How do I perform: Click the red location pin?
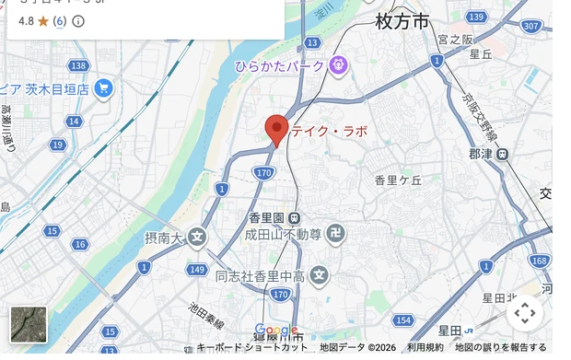pos(276,130)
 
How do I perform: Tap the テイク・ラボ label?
pos(329,131)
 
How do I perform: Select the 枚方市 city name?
pos(402,22)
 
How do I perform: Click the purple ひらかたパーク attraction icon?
pos(339,64)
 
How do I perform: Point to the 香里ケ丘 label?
pos(398,180)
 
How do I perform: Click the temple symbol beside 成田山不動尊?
pos(336,234)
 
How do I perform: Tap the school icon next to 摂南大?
pos(197,238)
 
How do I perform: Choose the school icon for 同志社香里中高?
pos(320,274)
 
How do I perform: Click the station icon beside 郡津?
pos(502,154)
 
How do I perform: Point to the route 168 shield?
pos(540,261)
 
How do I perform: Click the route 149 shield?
pos(196,270)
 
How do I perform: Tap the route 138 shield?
pos(79,65)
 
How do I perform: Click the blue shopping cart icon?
pos(103,88)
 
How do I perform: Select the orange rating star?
pos(42,20)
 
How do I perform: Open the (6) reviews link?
pos(59,20)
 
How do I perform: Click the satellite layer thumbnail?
pos(28,324)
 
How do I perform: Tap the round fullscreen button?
pos(524,313)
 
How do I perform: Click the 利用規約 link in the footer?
pos(425,347)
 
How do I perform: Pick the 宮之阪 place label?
pos(455,40)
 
